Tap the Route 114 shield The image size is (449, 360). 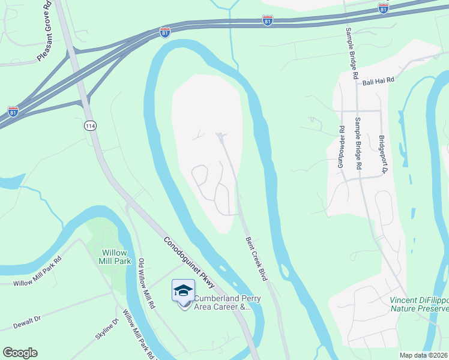tap(90, 126)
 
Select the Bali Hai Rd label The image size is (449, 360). tap(377, 80)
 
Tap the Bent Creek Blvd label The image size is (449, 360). tap(256, 259)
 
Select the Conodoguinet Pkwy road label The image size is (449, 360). tap(190, 261)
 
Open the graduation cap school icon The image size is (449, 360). tap(183, 291)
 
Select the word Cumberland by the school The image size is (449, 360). tap(217, 299)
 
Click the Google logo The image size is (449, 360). tap(20, 353)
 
